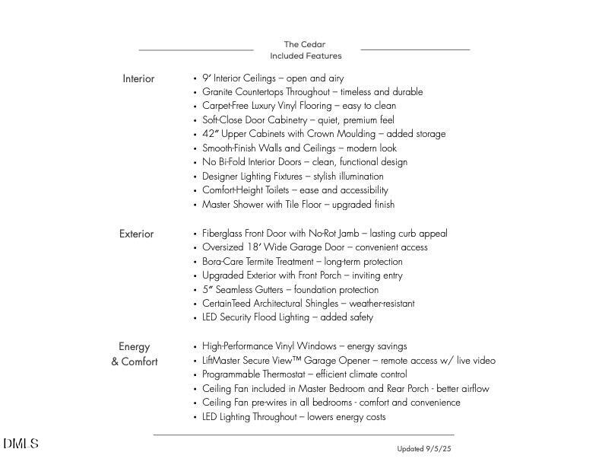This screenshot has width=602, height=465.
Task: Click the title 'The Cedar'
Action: [x=304, y=44]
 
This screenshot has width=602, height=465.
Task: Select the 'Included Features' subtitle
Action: [x=306, y=56]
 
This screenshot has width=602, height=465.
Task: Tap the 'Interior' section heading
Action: [x=138, y=78]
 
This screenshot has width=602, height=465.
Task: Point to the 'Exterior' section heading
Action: [x=136, y=234]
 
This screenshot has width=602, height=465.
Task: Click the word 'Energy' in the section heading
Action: [x=135, y=346]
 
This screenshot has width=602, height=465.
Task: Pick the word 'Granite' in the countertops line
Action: [x=217, y=92]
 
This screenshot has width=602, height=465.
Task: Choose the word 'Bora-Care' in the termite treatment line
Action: [x=223, y=262]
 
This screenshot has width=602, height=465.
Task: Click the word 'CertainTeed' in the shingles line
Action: [x=226, y=304]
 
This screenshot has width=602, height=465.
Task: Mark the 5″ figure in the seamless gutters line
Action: [x=207, y=290]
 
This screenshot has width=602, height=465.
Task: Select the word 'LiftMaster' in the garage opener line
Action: [x=222, y=361]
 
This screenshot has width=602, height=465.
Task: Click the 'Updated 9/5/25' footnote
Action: [x=423, y=449]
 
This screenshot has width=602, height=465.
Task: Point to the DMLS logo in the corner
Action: [x=21, y=444]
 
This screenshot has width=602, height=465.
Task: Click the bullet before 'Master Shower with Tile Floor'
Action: [x=195, y=205]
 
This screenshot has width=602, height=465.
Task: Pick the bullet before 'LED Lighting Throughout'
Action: [x=195, y=417]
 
